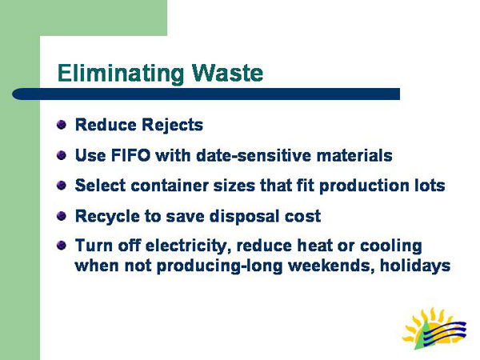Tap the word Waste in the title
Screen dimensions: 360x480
click(225, 74)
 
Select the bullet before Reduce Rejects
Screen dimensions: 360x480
click(62, 125)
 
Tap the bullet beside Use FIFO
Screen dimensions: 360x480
click(62, 154)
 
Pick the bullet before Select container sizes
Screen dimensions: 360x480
click(62, 185)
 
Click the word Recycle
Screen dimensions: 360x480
click(104, 216)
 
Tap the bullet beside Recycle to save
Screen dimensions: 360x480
click(62, 215)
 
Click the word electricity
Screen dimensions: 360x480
click(192, 246)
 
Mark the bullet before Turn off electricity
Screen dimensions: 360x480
click(62, 246)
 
